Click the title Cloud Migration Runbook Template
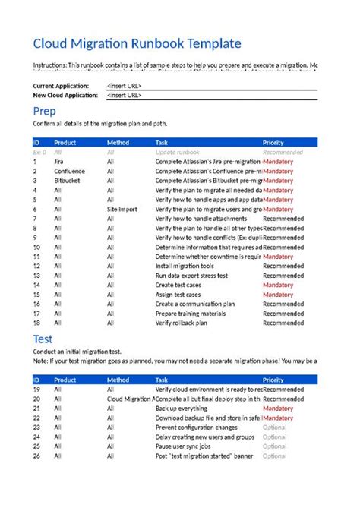[x=137, y=44]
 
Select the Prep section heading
[x=45, y=112]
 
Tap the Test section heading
[x=43, y=339]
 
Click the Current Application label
[x=61, y=86]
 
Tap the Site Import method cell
[x=123, y=208]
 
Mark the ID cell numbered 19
[x=36, y=389]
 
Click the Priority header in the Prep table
[x=273, y=143]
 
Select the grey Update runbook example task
[x=178, y=152]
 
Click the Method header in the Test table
[x=118, y=380]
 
